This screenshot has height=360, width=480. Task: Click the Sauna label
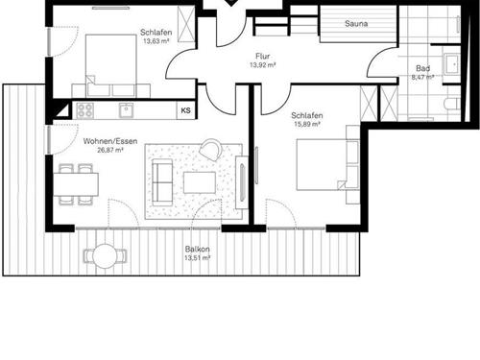click(x=356, y=23)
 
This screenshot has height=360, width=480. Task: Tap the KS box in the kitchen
click(x=186, y=110)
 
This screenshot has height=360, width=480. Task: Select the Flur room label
click(x=262, y=57)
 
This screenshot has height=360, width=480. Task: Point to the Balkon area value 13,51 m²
click(x=198, y=258)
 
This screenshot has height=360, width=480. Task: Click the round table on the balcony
click(x=106, y=255)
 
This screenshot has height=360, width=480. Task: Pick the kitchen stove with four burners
click(x=85, y=110)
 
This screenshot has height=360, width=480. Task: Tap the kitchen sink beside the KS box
click(x=127, y=110)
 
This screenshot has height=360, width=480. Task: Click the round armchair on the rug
click(x=210, y=149)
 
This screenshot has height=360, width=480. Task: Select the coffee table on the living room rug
click(x=200, y=182)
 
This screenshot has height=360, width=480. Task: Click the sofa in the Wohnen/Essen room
click(x=162, y=182)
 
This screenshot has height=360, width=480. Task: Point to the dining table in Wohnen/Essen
click(x=76, y=184)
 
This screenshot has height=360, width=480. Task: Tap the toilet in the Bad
click(x=452, y=104)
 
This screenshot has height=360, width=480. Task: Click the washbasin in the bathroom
click(x=451, y=64)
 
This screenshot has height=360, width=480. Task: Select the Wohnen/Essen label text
click(x=110, y=141)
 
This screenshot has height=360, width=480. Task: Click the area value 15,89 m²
click(x=307, y=124)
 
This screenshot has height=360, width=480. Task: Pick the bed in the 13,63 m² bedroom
click(x=111, y=65)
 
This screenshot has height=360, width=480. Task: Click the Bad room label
click(x=422, y=68)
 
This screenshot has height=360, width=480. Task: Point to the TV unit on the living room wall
click(x=242, y=182)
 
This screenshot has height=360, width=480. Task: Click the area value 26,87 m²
click(x=110, y=150)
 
